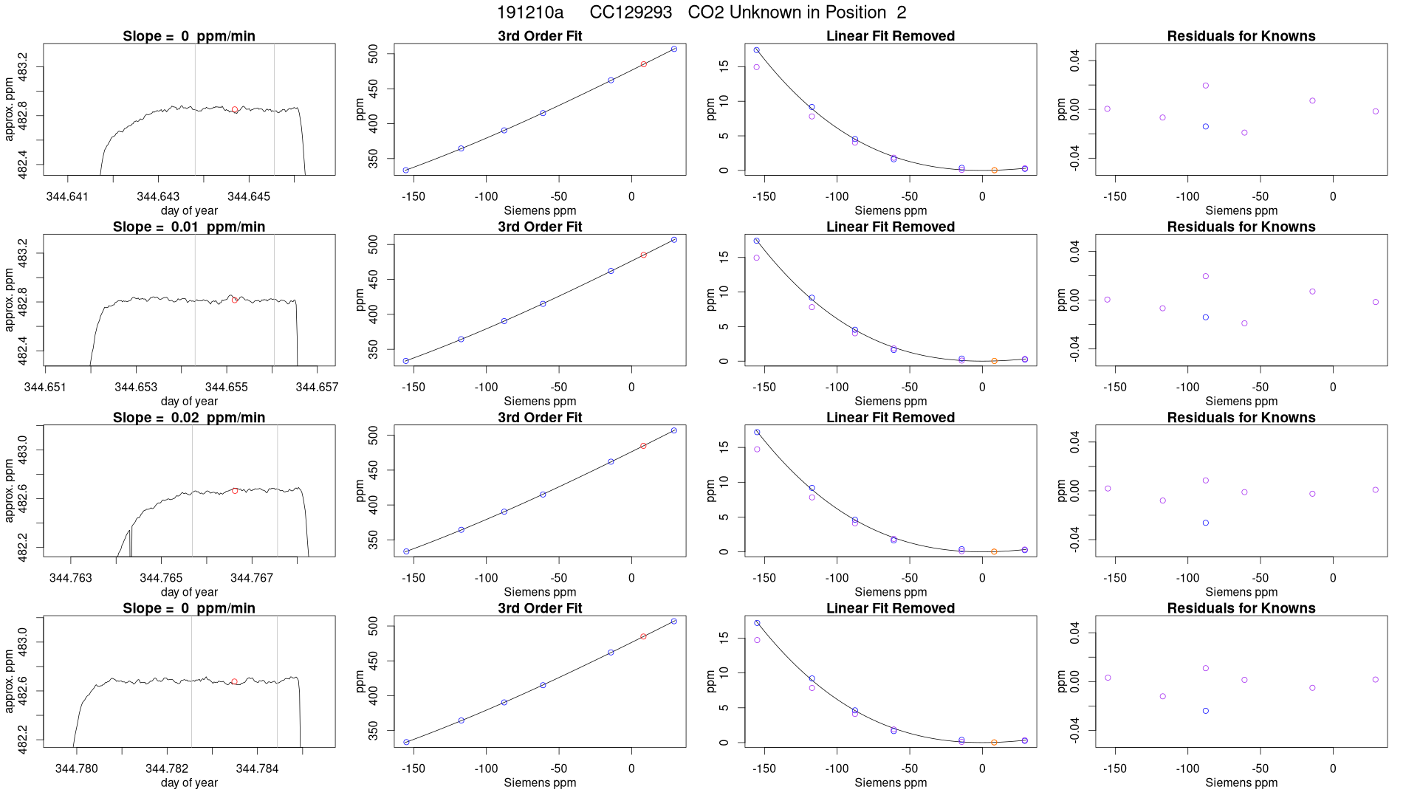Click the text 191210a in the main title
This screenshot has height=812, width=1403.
[x=529, y=13]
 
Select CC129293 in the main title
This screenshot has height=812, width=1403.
[x=631, y=13]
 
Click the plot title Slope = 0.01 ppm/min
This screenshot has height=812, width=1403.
[x=189, y=227]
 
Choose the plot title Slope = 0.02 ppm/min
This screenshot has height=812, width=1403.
[x=189, y=418]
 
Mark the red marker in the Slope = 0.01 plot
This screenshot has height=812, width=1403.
[x=235, y=300]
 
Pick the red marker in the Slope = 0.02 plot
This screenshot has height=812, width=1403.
[x=235, y=491]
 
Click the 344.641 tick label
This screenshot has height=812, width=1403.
[x=67, y=196]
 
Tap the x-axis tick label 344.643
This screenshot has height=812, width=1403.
[x=158, y=196]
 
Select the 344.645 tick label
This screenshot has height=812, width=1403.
[x=249, y=196]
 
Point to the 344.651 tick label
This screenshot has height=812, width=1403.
[x=45, y=387]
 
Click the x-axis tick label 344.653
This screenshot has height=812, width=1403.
[x=136, y=387]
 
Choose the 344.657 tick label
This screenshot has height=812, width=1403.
[x=317, y=387]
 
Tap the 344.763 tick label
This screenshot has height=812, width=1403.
[x=71, y=578]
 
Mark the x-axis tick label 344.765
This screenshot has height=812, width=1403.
[x=161, y=578]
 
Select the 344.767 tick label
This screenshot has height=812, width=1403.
[x=252, y=578]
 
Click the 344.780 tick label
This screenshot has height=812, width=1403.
[x=76, y=768]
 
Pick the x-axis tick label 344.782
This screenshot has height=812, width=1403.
[x=167, y=768]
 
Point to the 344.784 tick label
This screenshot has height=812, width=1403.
[x=257, y=768]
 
